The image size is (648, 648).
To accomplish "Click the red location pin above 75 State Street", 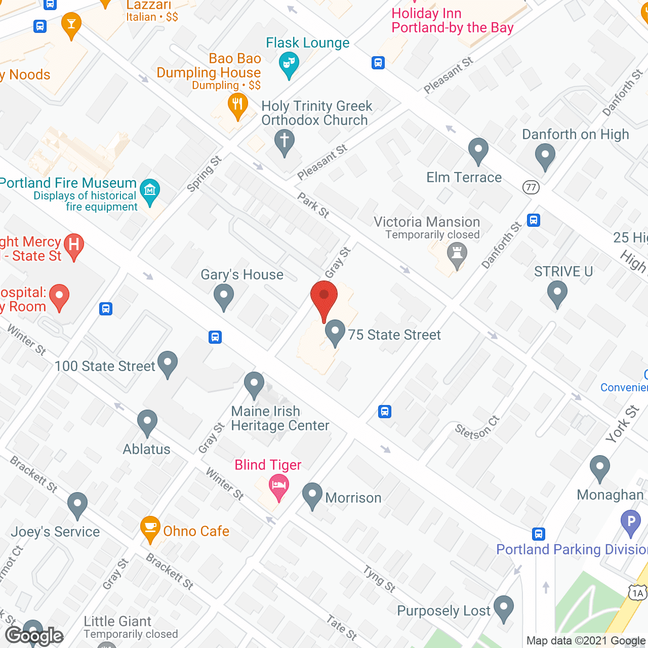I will (x=324, y=296).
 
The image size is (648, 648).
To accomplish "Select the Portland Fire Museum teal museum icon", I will (x=150, y=191).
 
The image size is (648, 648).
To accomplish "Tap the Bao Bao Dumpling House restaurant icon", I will (x=237, y=105).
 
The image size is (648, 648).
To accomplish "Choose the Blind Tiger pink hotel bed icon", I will (x=278, y=486).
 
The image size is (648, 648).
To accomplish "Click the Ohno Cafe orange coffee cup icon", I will (x=150, y=528).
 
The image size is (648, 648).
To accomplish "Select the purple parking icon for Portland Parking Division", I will (x=631, y=521).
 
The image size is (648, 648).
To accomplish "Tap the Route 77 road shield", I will (x=531, y=187).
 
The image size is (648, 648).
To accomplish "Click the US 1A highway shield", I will (x=637, y=593).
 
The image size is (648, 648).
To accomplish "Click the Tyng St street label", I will (x=379, y=579).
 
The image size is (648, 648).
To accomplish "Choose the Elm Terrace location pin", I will (x=478, y=150).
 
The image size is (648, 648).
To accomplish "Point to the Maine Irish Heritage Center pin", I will (x=254, y=384).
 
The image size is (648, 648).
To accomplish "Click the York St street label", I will (x=622, y=424).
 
